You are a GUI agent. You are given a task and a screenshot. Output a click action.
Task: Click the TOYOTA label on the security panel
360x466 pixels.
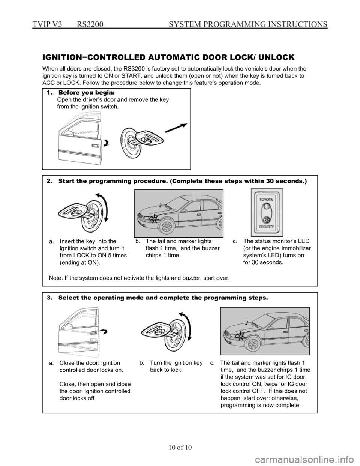(x=267, y=200)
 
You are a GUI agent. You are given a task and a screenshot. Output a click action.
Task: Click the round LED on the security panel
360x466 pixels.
(x=267, y=207)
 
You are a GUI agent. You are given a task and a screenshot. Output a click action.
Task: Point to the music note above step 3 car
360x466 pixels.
(x=246, y=322)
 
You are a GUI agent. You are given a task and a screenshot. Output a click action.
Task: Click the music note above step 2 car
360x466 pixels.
(x=160, y=205)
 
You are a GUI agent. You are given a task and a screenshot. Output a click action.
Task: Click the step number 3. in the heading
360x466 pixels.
(x=49, y=298)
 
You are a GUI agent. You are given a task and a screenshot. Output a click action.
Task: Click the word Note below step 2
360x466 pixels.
(x=55, y=278)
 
